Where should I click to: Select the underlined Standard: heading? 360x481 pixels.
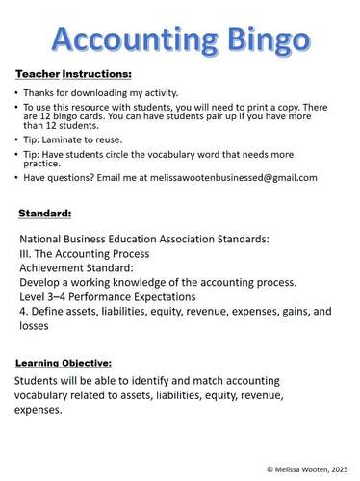pos(45,212)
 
